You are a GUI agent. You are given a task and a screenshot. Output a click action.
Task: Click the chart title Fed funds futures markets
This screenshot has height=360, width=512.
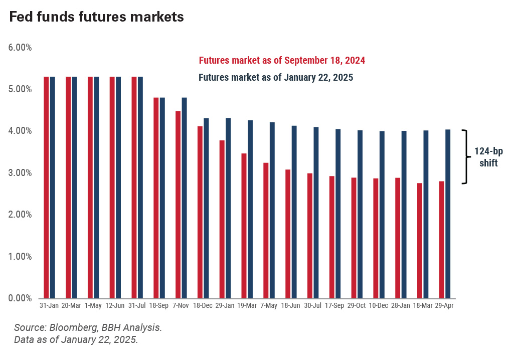pyautogui.click(x=96, y=17)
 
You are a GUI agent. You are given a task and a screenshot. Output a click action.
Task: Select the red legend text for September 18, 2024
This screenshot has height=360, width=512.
pyautogui.click(x=282, y=61)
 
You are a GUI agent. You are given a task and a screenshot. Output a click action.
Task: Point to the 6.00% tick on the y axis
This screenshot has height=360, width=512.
pyautogui.click(x=20, y=48)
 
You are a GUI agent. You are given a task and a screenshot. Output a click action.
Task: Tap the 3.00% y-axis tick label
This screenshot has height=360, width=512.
pyautogui.click(x=20, y=173)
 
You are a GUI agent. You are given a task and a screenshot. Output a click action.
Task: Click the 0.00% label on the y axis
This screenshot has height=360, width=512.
pyautogui.click(x=20, y=298)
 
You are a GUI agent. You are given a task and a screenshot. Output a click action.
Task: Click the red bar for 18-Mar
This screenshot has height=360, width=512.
pyautogui.click(x=420, y=241)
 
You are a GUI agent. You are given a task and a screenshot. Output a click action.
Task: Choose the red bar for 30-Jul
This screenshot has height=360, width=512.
pyautogui.click(x=310, y=236)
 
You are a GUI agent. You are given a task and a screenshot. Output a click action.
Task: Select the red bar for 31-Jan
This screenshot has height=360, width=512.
pyautogui.click(x=46, y=188)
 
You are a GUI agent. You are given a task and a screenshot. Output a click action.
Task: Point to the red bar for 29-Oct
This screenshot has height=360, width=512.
pyautogui.click(x=354, y=238)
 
